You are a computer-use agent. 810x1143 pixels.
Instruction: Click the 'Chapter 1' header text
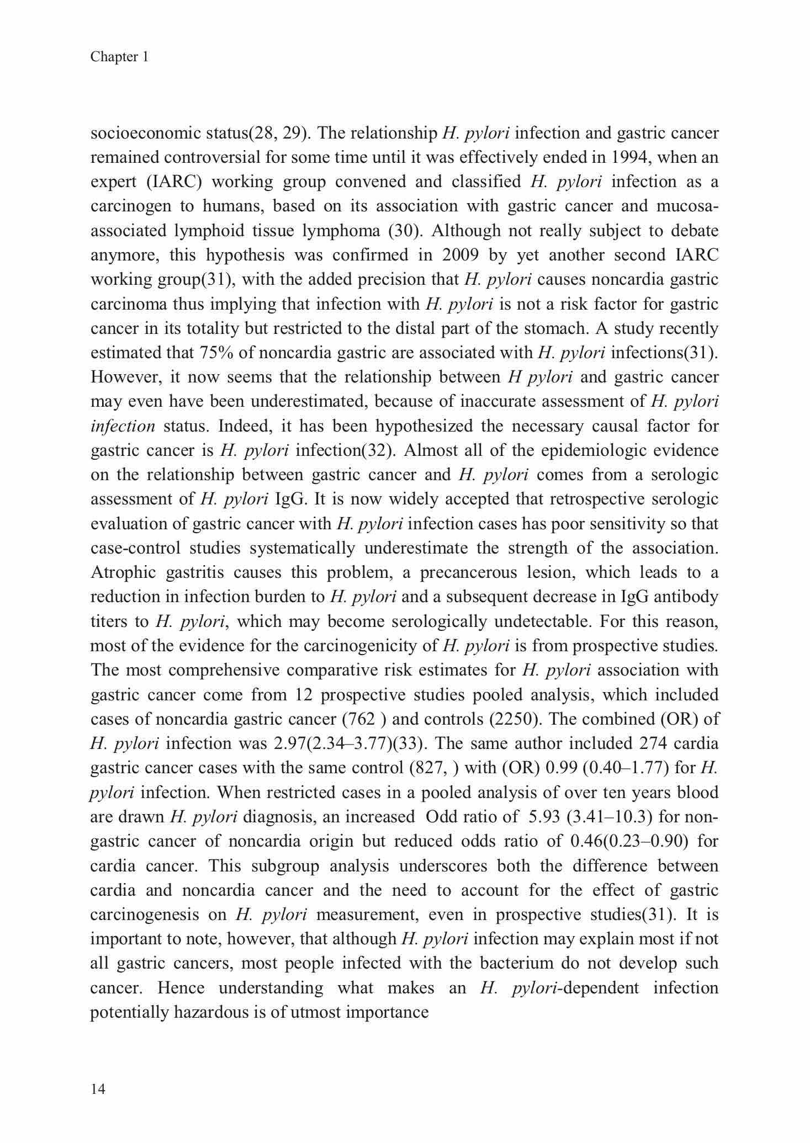(119, 57)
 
